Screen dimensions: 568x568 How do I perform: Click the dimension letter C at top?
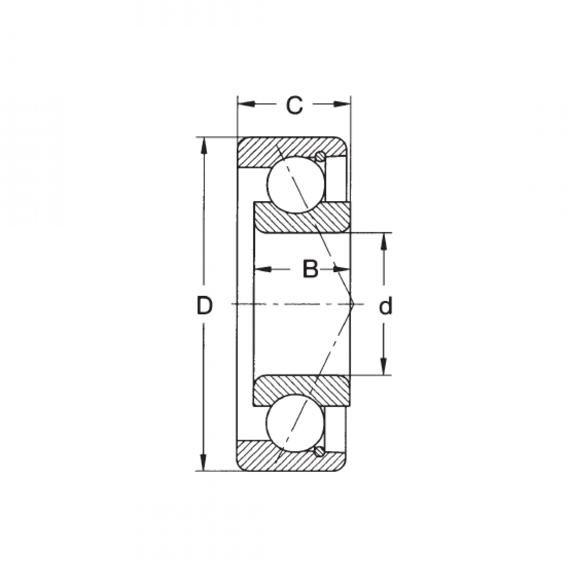click(294, 105)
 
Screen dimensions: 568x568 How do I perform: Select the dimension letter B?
click(310, 269)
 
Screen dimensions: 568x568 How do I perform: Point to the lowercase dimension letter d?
click(386, 306)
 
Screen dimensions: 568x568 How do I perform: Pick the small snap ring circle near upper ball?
click(320, 156)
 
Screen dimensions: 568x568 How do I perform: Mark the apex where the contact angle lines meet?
click(354, 304)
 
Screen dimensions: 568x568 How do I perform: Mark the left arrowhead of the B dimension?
click(263, 269)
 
